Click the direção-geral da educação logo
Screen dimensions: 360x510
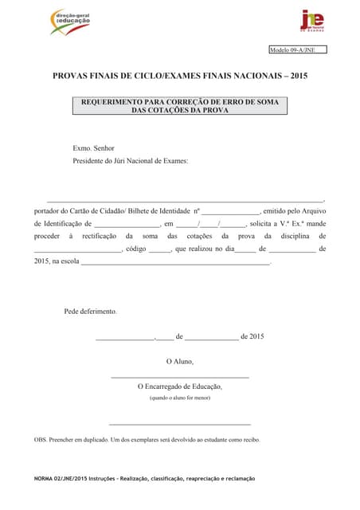pyautogui.click(x=68, y=22)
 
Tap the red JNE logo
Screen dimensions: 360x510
pyautogui.click(x=311, y=21)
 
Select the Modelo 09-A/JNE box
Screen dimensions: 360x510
pyautogui.click(x=297, y=49)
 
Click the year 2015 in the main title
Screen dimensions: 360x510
pyautogui.click(x=299, y=76)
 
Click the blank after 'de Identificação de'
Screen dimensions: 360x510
pyautogui.click(x=127, y=226)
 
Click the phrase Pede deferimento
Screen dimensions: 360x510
pyautogui.click(x=90, y=311)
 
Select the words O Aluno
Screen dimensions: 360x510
pyautogui.click(x=179, y=361)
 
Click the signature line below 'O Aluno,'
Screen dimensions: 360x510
pyautogui.click(x=179, y=376)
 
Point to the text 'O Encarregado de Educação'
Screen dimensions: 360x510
pyautogui.click(x=179, y=386)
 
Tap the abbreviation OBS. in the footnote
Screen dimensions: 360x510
pyautogui.click(x=41, y=440)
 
